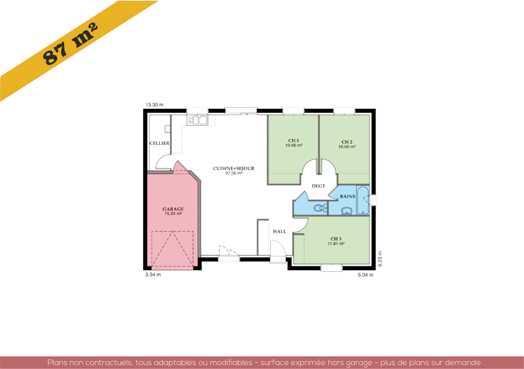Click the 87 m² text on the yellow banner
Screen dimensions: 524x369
pyautogui.click(x=70, y=44)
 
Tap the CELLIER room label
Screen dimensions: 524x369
pyautogui.click(x=159, y=143)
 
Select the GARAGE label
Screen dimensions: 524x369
pyautogui.click(x=173, y=209)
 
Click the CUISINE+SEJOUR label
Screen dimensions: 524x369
pyautogui.click(x=234, y=168)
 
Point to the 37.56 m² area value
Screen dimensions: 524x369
pyautogui.click(x=234, y=173)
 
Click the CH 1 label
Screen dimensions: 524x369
pyautogui.click(x=293, y=141)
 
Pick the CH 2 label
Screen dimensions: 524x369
pyautogui.click(x=347, y=142)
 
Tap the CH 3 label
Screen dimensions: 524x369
pyautogui.click(x=336, y=239)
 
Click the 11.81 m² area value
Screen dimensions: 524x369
pyautogui.click(x=336, y=244)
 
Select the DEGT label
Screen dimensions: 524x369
pyautogui.click(x=319, y=186)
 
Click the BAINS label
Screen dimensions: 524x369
pyautogui.click(x=348, y=196)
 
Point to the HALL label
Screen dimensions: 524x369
pyautogui.click(x=280, y=231)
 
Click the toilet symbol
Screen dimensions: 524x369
pyautogui.click(x=320, y=207)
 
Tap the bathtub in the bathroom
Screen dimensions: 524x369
pyautogui.click(x=363, y=200)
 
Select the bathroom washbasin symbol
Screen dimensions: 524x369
pyautogui.click(x=347, y=211)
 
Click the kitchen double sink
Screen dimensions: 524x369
pyautogui.click(x=198, y=120)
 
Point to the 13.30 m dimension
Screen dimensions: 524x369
pyautogui.click(x=154, y=105)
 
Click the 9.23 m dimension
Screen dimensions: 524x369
pyautogui.click(x=380, y=259)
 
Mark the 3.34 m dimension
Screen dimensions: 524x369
pyautogui.click(x=153, y=274)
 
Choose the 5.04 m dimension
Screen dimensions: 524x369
pyautogui.click(x=366, y=275)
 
